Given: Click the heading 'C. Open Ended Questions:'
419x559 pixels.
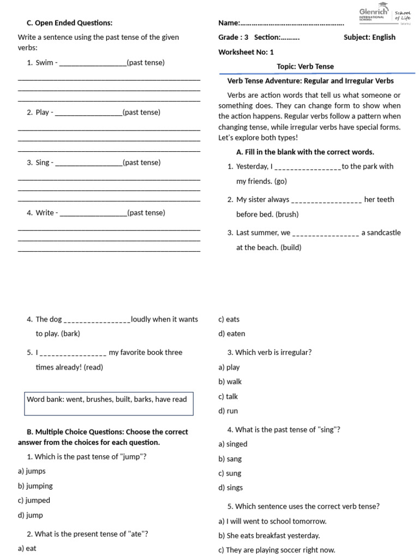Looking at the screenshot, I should pyautogui.click(x=69, y=22).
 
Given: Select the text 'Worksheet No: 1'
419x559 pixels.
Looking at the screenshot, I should pyautogui.click(x=246, y=52).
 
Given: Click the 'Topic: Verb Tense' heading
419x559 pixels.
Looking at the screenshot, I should pyautogui.click(x=305, y=66).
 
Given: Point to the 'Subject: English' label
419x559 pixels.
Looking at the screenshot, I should pyautogui.click(x=369, y=37).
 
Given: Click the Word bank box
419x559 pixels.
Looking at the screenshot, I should pyautogui.click(x=109, y=403).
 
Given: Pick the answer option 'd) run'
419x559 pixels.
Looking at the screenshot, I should pyautogui.click(x=228, y=411).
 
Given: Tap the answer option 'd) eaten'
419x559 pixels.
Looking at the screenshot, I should pyautogui.click(x=231, y=333).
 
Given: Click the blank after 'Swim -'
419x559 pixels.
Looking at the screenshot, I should pyautogui.click(x=92, y=63).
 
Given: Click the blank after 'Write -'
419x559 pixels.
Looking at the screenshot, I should pyautogui.click(x=93, y=213).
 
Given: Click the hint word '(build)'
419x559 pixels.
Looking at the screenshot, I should pyautogui.click(x=291, y=247).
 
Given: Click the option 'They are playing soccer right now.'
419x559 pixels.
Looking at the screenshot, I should pyautogui.click(x=277, y=550).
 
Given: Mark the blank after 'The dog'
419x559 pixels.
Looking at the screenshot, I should pyautogui.click(x=97, y=320).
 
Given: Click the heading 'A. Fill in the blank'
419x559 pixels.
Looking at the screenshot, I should pyautogui.click(x=305, y=152).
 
